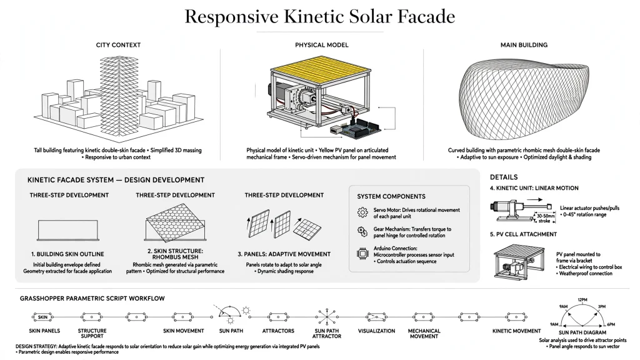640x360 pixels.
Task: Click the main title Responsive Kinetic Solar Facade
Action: pyautogui.click(x=319, y=17)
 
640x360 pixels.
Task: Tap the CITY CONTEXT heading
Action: pyautogui.click(x=118, y=45)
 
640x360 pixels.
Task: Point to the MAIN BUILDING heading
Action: pyautogui.click(x=524, y=45)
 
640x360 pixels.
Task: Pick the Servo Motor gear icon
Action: pyautogui.click(x=362, y=212)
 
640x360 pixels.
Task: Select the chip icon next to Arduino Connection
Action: pyautogui.click(x=362, y=254)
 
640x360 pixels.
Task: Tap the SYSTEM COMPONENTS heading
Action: pyautogui.click(x=391, y=196)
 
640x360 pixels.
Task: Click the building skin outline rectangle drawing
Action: pyautogui.click(x=68, y=230)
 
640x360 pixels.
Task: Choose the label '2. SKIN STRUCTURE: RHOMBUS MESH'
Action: pyautogui.click(x=175, y=254)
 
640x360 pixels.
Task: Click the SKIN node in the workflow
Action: pyautogui.click(x=43, y=317)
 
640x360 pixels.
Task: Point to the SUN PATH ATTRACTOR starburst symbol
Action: pyautogui.click(x=327, y=317)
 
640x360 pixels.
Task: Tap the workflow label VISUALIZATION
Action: pyautogui.click(x=376, y=331)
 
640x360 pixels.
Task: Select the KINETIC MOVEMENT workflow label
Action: pyautogui.click(x=516, y=331)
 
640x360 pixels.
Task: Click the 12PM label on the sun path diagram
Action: pyautogui.click(x=582, y=300)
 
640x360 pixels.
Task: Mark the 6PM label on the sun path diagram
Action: pyautogui.click(x=611, y=324)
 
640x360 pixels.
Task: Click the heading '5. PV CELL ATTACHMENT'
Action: pyautogui.click(x=523, y=234)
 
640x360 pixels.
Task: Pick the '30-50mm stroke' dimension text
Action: pyautogui.click(x=546, y=218)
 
